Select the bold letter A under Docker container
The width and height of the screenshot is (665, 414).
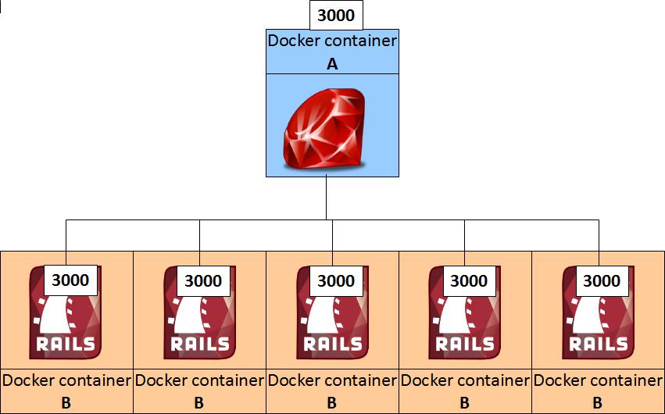click(332, 65)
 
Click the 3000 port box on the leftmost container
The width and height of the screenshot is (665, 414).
click(70, 280)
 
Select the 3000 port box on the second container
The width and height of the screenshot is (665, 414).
click(203, 280)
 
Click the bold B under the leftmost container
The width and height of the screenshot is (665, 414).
click(66, 403)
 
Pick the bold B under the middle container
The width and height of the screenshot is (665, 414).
click(331, 403)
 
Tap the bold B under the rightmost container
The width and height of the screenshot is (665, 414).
click(597, 403)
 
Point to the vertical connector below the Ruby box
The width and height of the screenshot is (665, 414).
click(326, 198)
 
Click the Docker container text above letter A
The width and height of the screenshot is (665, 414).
click(332, 41)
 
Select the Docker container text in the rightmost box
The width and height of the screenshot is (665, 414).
click(598, 381)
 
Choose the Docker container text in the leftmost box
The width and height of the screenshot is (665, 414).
click(66, 381)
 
